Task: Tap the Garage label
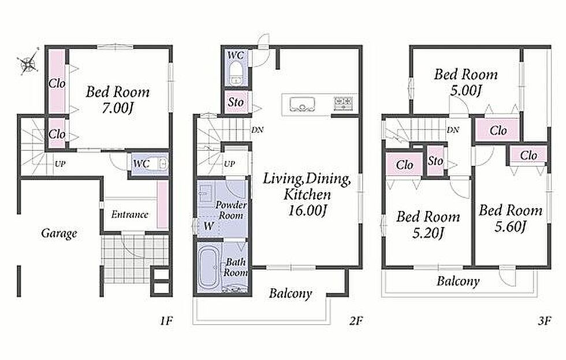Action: tap(59, 233)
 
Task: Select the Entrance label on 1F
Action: tap(129, 214)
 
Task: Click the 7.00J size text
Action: tap(118, 108)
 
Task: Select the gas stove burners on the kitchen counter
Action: tap(343, 103)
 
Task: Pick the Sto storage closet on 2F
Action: tap(236, 102)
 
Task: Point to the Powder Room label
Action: tap(231, 210)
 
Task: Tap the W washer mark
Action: tap(208, 227)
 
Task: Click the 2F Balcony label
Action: tap(290, 294)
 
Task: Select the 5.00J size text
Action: tap(466, 90)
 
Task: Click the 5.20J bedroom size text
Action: tap(428, 233)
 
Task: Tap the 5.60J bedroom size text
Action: tap(511, 227)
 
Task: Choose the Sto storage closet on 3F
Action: tap(435, 161)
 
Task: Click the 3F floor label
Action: tap(544, 321)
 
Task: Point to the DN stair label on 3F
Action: tap(453, 130)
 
